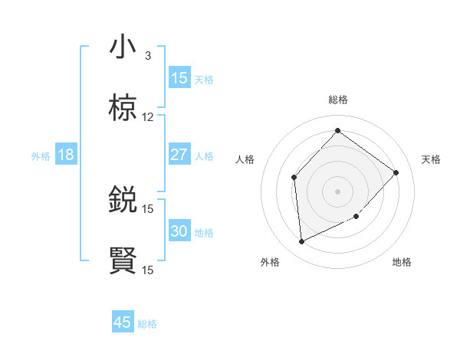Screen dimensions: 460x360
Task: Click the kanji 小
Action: pyautogui.click(x=123, y=47)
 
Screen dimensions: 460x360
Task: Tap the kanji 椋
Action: pyautogui.click(x=123, y=109)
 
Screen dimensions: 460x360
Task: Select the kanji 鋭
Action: pyautogui.click(x=123, y=200)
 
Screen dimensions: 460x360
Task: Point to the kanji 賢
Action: pyautogui.click(x=123, y=261)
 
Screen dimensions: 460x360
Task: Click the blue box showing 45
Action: pyautogui.click(x=123, y=322)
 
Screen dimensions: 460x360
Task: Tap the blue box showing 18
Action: pyautogui.click(x=66, y=155)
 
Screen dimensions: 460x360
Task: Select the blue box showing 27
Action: pyautogui.click(x=179, y=155)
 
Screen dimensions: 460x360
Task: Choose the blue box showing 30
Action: pyautogui.click(x=179, y=231)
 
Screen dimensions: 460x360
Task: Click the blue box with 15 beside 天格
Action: pyautogui.click(x=179, y=78)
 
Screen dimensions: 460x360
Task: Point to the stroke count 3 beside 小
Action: pyautogui.click(x=148, y=56)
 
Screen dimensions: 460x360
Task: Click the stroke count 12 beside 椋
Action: pyautogui.click(x=148, y=117)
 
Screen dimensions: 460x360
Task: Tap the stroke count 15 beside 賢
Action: pyautogui.click(x=148, y=270)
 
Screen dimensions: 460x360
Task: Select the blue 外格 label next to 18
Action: pyautogui.click(x=41, y=156)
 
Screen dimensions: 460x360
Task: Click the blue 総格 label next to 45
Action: pyautogui.click(x=147, y=324)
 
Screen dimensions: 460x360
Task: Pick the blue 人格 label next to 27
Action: pyautogui.click(x=204, y=156)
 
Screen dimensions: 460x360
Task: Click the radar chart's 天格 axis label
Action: pyautogui.click(x=432, y=159)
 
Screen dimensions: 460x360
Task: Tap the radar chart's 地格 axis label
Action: pyautogui.click(x=402, y=262)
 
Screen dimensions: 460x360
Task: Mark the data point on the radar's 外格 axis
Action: pyautogui.click(x=301, y=242)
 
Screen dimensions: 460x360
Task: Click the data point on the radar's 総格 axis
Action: pyautogui.click(x=337, y=130)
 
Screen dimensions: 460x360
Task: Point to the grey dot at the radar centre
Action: pyautogui.click(x=337, y=191)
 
